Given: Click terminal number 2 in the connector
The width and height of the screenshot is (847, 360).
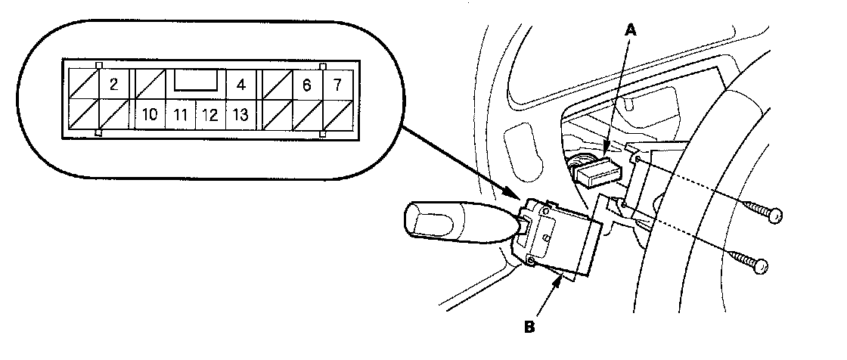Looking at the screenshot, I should pos(113,83).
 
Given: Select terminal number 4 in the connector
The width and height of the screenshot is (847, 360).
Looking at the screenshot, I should pos(240,84).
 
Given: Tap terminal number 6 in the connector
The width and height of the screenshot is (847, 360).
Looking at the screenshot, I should pos(306,84).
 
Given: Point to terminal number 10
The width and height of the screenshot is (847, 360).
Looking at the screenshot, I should pos(149,116).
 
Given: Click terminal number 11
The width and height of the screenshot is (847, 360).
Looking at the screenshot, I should pos(179,116).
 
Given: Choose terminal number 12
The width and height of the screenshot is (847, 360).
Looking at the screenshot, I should pos(210,116).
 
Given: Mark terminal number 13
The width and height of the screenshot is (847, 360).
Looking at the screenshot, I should pos(240,116).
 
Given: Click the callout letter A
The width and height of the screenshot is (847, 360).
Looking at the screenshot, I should pos(631,30).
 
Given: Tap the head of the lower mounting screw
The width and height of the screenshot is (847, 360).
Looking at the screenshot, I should pos(760,265).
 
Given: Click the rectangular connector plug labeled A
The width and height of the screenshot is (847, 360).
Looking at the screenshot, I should pos(598,172).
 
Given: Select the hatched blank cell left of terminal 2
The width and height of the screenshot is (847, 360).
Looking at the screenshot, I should pos(82,83).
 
